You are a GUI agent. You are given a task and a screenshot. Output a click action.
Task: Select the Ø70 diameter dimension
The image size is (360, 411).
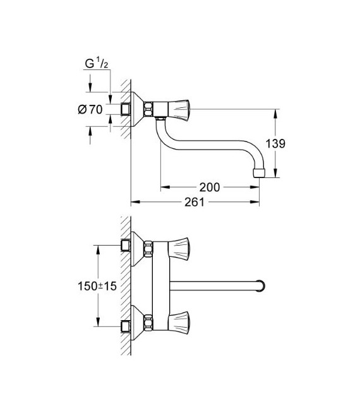(90, 110)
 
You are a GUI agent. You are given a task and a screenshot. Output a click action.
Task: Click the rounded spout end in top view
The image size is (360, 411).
(260, 284)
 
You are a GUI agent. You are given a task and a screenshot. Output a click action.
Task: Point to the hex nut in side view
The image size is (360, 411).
(148, 110)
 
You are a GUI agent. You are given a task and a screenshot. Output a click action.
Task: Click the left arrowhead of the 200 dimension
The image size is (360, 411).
(162, 187)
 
